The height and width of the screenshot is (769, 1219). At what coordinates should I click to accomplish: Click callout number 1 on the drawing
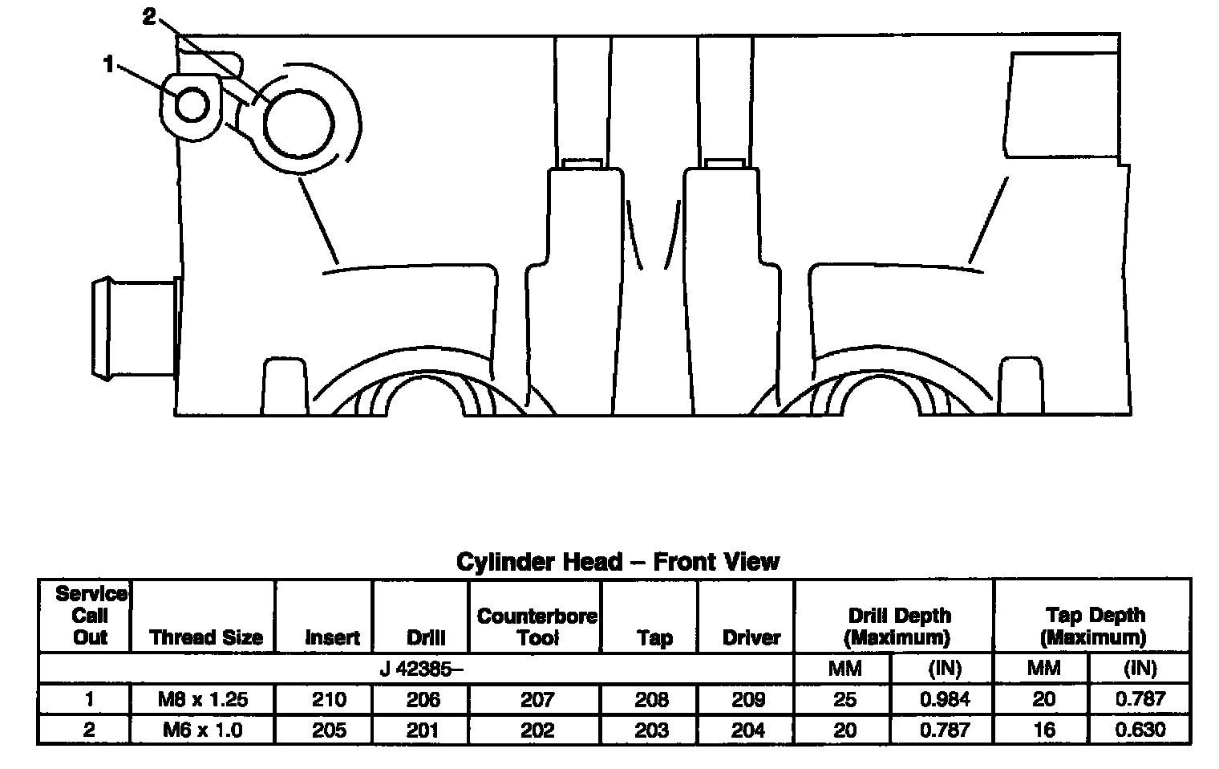click(108, 64)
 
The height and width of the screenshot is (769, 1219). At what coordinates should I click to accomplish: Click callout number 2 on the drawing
click(149, 16)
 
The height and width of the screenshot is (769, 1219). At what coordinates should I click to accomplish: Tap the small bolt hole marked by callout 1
click(192, 104)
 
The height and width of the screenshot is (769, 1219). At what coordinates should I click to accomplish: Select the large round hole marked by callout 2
click(299, 124)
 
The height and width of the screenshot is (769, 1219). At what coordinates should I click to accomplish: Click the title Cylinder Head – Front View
click(618, 562)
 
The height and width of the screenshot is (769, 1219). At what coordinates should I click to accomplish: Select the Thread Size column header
click(205, 637)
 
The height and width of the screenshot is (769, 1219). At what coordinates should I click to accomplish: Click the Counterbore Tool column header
click(537, 626)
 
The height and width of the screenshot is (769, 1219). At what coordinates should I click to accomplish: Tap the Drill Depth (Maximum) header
click(899, 626)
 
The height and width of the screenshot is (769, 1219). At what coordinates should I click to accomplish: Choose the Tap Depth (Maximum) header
click(1095, 626)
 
